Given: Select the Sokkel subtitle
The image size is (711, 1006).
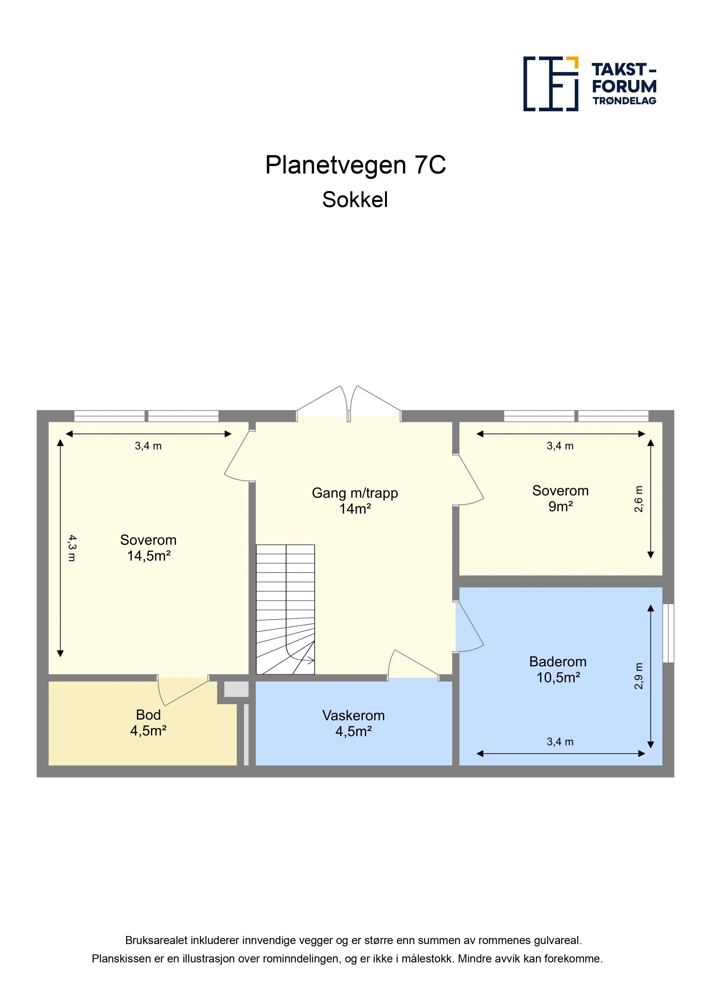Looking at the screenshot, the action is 355,200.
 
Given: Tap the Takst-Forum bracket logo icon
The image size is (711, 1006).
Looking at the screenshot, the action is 551,84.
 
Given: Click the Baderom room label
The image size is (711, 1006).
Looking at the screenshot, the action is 558,661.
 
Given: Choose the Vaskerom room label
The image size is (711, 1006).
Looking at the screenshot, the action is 353,715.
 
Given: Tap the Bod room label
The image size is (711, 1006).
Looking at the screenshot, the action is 149,715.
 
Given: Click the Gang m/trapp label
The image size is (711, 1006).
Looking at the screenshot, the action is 355,493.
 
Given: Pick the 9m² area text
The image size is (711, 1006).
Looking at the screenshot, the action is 561,506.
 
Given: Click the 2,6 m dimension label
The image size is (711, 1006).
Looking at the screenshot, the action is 639,499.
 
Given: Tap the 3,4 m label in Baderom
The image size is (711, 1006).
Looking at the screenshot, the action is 560,741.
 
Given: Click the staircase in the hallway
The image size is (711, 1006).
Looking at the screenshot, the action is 285,609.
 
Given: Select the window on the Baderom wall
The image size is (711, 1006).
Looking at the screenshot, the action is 668,633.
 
